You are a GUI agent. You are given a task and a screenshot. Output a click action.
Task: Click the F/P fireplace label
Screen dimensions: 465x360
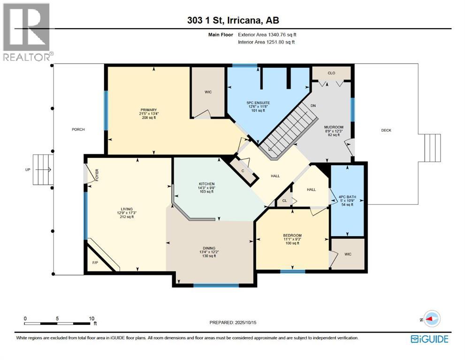(95, 262)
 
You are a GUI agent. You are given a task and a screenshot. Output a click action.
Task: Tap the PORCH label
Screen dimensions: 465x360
(78, 129)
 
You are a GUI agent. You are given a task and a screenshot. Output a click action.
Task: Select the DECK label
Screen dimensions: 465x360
(386, 130)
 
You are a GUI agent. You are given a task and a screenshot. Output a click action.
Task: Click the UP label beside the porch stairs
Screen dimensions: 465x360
(28, 170)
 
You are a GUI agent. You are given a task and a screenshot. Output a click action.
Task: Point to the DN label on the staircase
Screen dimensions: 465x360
(313, 105)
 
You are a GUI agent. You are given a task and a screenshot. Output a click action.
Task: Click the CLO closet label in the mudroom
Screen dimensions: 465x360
(331, 73)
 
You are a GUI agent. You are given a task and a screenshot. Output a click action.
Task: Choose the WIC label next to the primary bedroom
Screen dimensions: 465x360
(208, 92)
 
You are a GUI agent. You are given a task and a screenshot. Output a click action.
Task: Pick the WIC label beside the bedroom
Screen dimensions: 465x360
(348, 254)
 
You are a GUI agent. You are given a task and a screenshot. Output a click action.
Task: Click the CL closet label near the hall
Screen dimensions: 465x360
(284, 201)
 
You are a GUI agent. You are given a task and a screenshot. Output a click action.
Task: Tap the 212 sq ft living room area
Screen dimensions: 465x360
(127, 217)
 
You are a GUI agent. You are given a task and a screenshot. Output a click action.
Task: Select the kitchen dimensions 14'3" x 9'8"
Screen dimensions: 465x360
(207, 187)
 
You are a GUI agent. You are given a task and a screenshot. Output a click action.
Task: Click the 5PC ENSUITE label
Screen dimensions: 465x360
(258, 103)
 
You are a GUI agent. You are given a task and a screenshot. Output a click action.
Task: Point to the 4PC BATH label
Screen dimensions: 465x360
(347, 197)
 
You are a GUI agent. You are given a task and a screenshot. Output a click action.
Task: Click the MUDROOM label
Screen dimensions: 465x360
(334, 127)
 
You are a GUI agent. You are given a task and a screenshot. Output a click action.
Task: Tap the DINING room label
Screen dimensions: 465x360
(209, 248)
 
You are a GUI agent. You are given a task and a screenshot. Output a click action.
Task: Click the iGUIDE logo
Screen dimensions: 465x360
(430, 339)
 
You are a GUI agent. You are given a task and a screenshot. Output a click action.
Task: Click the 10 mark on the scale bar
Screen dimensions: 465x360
(91, 318)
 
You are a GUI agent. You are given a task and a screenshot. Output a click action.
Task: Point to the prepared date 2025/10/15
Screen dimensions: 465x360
(245, 322)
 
